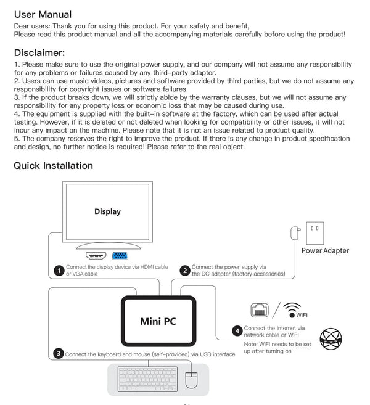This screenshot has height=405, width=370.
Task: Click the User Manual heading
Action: click(43, 14)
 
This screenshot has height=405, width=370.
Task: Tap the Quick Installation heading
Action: click(53, 165)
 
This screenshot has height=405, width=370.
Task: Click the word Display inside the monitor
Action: click(107, 211)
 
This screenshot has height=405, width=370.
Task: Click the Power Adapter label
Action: click(325, 250)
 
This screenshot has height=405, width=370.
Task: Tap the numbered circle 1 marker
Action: click(58, 270)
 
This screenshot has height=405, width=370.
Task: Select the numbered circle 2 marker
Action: click(184, 270)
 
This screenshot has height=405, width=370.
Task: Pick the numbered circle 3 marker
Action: click(57, 353)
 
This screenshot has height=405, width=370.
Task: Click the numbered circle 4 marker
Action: click(237, 331)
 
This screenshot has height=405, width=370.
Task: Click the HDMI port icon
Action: click(97, 255)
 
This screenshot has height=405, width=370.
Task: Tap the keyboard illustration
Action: click(147, 378)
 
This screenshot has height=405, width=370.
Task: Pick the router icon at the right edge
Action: click(333, 337)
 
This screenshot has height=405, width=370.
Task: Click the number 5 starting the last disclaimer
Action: click(15, 139)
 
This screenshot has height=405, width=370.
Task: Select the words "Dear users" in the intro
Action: click(30, 26)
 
